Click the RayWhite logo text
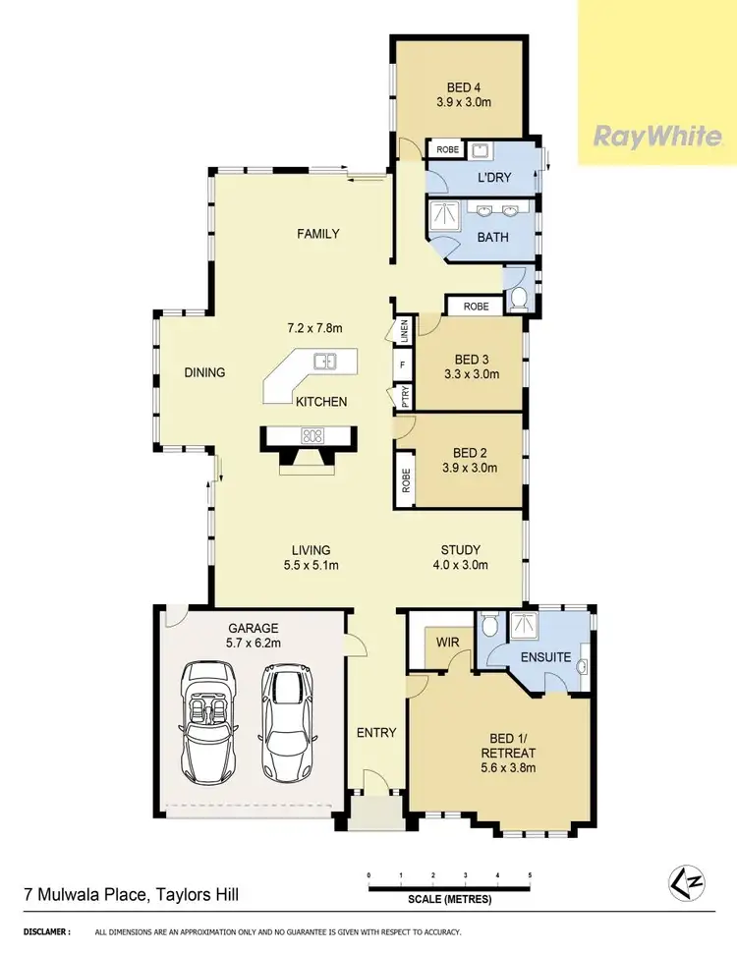coord(656,136)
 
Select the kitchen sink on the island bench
coord(325,363)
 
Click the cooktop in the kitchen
coord(313,434)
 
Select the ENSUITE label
coord(545,656)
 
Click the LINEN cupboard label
coord(403,332)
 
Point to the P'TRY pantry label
coord(403,398)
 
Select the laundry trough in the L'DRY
coord(481,150)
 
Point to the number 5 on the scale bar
coord(530,874)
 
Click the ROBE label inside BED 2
coord(405,480)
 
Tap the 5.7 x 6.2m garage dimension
coord(255,644)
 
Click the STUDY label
coord(461,550)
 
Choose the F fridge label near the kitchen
coord(402,365)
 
